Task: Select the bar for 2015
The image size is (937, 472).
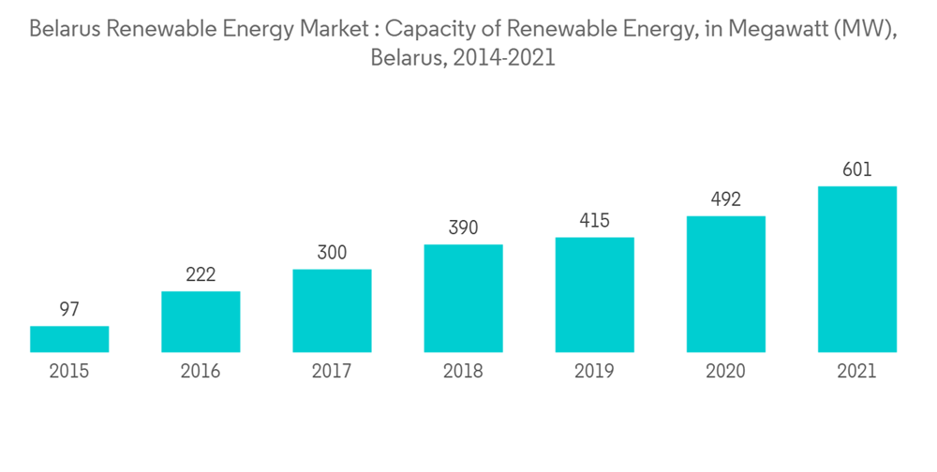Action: coord(69,339)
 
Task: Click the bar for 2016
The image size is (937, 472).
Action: coord(201,321)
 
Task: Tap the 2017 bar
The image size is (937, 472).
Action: coord(332,311)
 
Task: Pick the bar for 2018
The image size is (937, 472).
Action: coord(463,298)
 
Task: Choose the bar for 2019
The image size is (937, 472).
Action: coord(594,295)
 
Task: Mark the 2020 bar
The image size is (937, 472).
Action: coord(725,284)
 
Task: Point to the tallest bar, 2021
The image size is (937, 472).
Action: coord(856,269)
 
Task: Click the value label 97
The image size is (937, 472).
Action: coord(69,310)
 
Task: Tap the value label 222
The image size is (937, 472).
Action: coord(201,274)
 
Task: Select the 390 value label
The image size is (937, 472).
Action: coord(463,228)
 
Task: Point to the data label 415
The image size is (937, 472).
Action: coord(594,221)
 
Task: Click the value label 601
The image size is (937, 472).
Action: coord(856,170)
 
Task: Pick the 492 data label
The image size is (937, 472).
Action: coord(725,199)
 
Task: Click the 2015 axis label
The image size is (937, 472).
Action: coord(69,372)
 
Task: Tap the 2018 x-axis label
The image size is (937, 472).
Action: coord(463,372)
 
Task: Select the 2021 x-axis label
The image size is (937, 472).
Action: coord(856,372)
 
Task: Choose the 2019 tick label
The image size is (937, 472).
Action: coord(594,372)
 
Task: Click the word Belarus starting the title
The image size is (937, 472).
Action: coord(66,29)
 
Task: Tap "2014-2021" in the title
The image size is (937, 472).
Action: coord(506,58)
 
